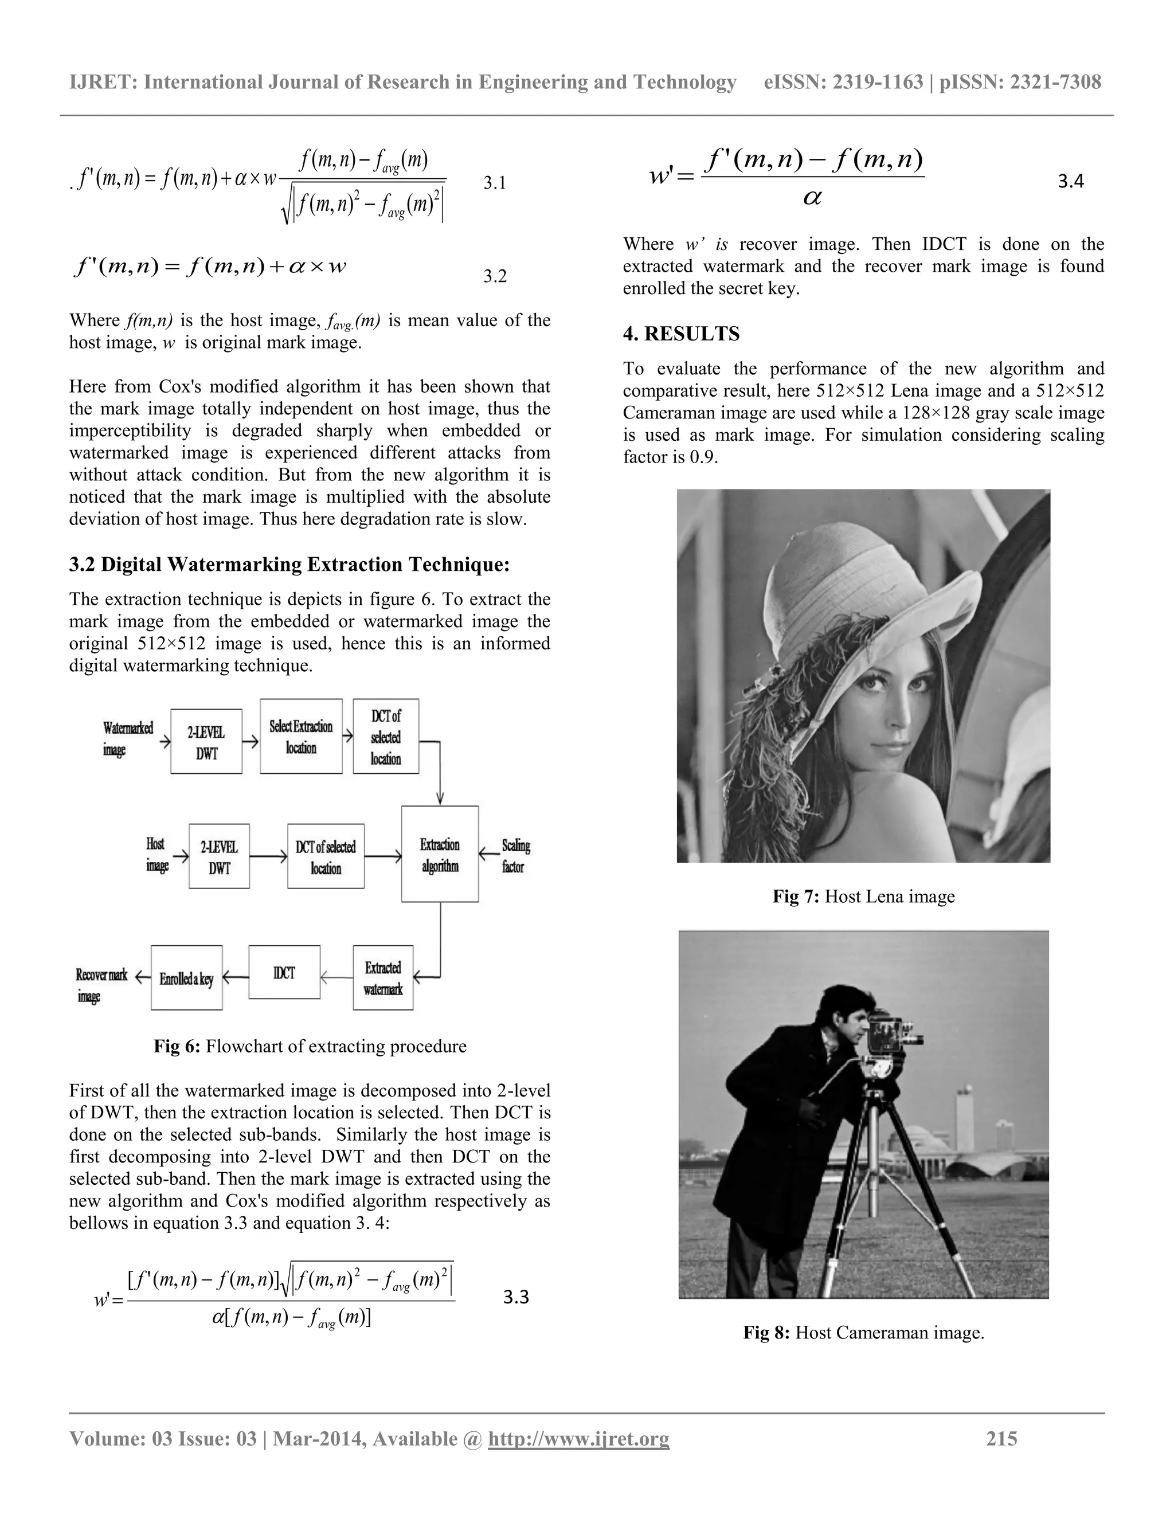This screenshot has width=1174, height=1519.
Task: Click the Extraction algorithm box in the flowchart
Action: coord(440,854)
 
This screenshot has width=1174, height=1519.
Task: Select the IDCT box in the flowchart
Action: coord(284,972)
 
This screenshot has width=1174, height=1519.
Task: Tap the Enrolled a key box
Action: coord(186,978)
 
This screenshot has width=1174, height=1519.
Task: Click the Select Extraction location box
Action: coord(301,737)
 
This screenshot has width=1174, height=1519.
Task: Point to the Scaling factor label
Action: coord(515,855)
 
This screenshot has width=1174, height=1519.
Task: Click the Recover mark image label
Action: coord(101,984)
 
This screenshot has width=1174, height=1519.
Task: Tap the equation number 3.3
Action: coord(515,1297)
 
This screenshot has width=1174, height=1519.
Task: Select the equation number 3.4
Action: coord(1070,182)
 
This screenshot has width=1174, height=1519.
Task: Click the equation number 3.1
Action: coord(495,183)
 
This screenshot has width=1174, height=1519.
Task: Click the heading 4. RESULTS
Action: coord(681,334)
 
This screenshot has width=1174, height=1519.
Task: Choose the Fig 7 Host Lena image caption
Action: coord(863,896)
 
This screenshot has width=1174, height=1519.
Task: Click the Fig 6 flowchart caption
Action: coord(310,1046)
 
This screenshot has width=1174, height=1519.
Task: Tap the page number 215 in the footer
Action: coord(1001,1438)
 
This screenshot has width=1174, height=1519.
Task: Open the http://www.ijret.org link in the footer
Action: coord(578,1438)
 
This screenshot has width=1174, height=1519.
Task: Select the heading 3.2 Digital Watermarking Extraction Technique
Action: coord(289,564)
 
